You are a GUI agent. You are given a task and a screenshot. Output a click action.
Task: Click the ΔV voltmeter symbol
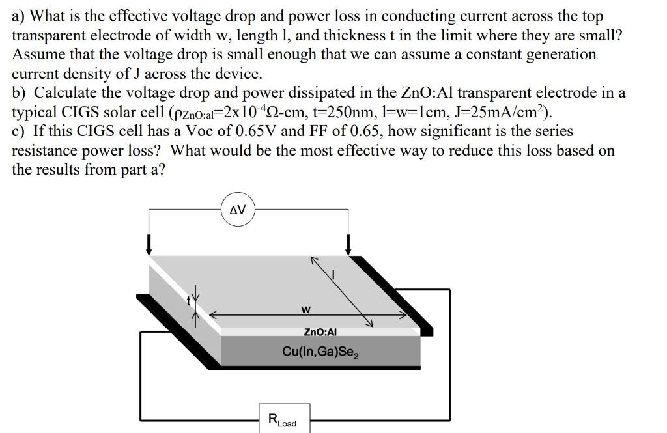(238, 210)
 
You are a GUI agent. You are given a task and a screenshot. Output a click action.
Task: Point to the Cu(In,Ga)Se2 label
(321, 352)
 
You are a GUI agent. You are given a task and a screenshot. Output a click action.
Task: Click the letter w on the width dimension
(305, 308)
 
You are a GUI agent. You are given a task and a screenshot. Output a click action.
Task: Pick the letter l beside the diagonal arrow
(334, 275)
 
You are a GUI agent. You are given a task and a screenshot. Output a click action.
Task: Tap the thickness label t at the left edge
(188, 300)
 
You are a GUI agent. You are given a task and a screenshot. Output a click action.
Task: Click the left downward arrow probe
(149, 245)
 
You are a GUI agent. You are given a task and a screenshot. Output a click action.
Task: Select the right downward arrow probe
(348, 245)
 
